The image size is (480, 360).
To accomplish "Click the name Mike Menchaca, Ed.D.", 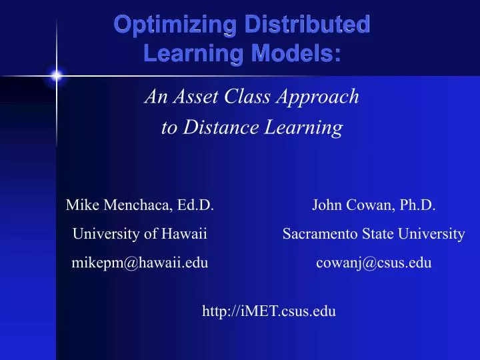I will point(139,205).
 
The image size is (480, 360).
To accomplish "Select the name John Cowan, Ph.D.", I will point(373,205).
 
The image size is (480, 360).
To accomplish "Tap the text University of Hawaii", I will point(139,234).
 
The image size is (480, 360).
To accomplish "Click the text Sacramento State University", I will point(373,234).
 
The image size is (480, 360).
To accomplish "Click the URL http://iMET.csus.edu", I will point(269,310).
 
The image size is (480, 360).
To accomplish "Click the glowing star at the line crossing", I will point(57,76).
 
